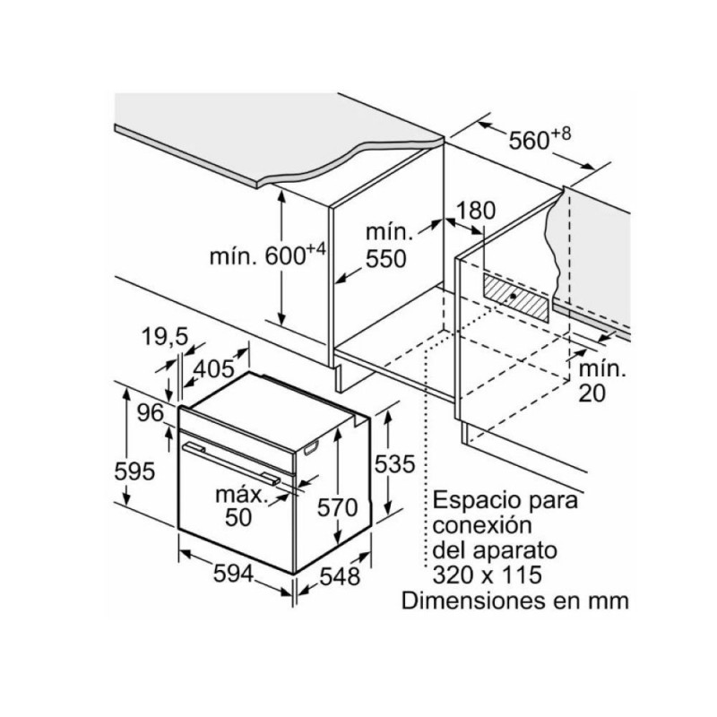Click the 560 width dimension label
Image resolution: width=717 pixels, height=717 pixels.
click(x=540, y=138)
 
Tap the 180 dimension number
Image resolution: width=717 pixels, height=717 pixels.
click(x=476, y=211)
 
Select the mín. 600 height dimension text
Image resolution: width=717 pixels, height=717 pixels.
click(x=267, y=255)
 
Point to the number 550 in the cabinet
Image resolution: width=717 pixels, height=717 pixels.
click(x=386, y=259)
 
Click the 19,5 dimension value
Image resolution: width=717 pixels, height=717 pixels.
click(x=165, y=338)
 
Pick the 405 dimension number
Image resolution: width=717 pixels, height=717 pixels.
click(x=213, y=368)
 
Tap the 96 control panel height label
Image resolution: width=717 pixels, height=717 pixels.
click(x=151, y=413)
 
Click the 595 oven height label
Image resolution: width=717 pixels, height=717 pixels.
click(x=135, y=471)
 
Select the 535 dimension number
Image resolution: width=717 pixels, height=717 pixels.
click(x=394, y=463)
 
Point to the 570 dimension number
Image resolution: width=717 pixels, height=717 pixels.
click(x=338, y=507)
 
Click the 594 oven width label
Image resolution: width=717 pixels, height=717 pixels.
click(x=233, y=574)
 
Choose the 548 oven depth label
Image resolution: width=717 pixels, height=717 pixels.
click(x=340, y=577)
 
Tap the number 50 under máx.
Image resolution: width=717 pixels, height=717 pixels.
click(x=238, y=517)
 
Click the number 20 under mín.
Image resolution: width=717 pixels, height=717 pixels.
click(x=592, y=393)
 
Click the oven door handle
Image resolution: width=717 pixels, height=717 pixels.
click(x=231, y=462)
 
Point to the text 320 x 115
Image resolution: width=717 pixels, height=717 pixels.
click(x=487, y=574)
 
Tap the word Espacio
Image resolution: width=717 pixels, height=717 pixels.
click(x=473, y=501)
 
